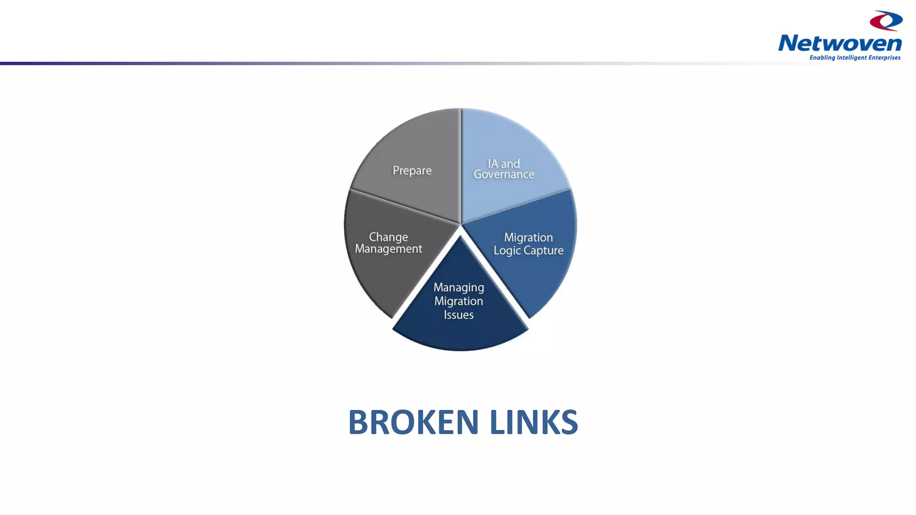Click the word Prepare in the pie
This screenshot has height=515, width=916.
(x=412, y=171)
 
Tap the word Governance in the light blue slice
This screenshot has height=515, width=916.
(x=504, y=175)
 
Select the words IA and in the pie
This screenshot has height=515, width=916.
(x=504, y=164)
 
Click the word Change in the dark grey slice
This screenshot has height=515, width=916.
(x=388, y=237)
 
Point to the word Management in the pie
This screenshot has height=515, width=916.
(x=388, y=249)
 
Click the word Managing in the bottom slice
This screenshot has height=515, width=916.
(x=458, y=287)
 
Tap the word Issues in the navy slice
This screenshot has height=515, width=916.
(x=458, y=315)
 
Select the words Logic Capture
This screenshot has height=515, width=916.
(x=528, y=250)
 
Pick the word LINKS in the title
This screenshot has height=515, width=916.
(x=534, y=422)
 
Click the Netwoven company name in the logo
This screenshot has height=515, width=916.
(x=840, y=43)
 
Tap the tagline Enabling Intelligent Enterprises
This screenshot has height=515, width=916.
(x=855, y=58)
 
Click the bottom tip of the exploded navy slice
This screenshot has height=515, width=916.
(x=460, y=350)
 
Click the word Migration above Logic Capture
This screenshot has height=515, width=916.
(x=528, y=237)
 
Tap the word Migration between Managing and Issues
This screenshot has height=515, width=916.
(x=458, y=301)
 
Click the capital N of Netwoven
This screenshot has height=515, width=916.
(x=789, y=43)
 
